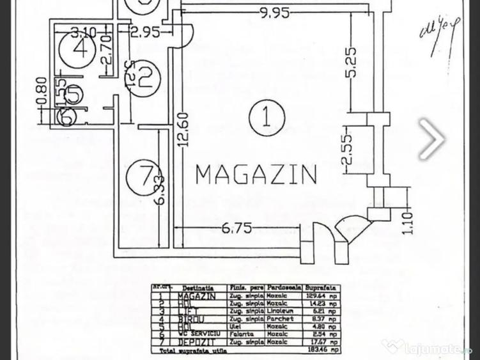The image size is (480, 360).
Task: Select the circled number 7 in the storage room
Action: coord(140,175)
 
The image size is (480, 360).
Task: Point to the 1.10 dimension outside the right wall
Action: coord(408,223)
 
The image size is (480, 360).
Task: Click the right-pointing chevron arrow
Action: coord(432,137)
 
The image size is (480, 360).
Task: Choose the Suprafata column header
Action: coord(321,289)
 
